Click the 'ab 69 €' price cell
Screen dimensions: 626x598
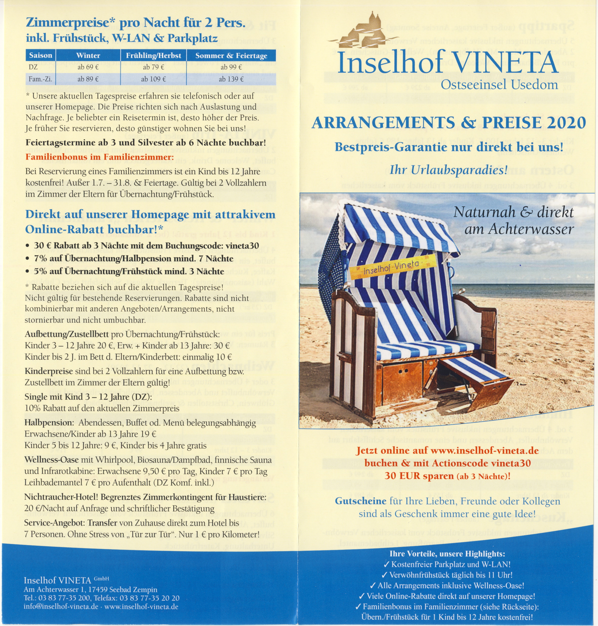pos(88,67)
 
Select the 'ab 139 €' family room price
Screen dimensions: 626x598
pos(231,79)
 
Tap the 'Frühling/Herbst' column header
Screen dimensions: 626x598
pos(153,55)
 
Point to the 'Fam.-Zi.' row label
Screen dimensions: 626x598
pos(40,79)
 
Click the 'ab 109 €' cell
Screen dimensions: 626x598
pos(153,79)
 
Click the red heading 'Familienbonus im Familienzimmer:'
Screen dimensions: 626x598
pos(99,157)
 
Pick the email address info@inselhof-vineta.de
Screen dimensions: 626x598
pos(60,607)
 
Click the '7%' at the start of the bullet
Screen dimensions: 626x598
pos(40,259)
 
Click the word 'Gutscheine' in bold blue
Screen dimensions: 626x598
pos(360,501)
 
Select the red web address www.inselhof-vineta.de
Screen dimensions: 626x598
pos(484,451)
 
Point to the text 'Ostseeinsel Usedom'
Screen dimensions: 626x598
pos(500,85)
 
